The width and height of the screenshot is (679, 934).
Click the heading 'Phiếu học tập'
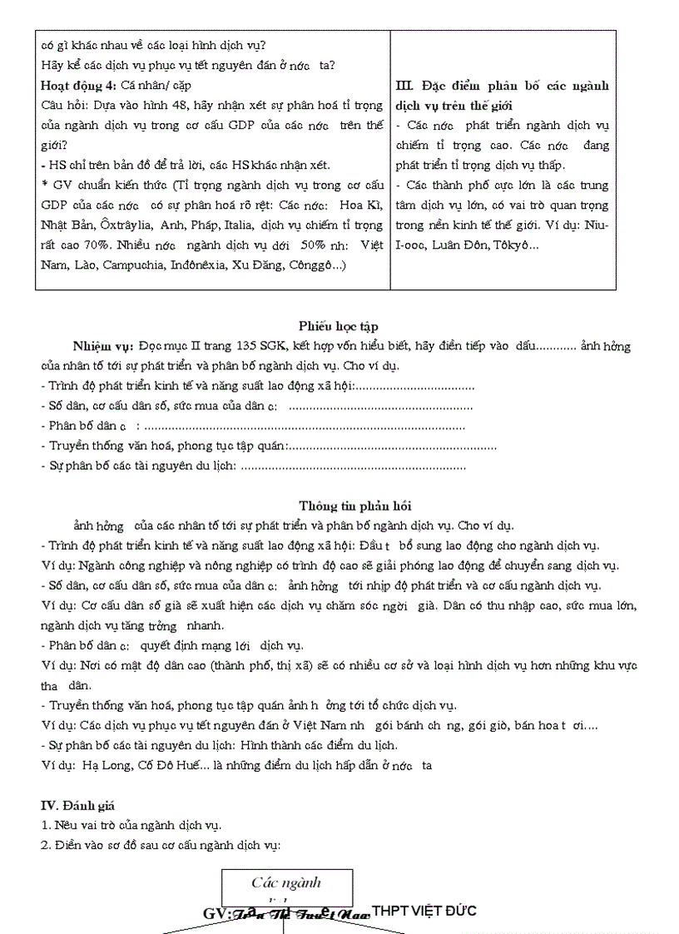coord(339,327)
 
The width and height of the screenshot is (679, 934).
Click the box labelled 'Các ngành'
coord(286,883)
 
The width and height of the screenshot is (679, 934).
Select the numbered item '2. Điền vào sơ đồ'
coord(100,846)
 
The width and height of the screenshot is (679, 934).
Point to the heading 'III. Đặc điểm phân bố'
coord(503,86)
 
